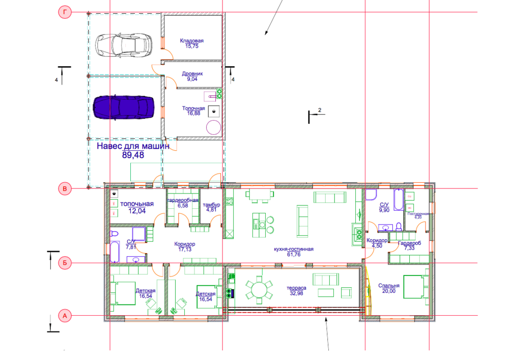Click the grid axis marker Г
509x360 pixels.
click(x=65, y=12)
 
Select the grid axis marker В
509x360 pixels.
click(x=65, y=189)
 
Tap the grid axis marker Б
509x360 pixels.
click(x=65, y=263)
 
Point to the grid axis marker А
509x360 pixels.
click(x=65, y=316)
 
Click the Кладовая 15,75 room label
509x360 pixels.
click(x=192, y=43)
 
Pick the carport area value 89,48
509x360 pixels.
click(x=133, y=155)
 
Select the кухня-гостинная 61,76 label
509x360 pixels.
click(x=293, y=252)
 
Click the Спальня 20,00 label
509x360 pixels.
click(x=388, y=289)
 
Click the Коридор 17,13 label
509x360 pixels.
click(x=184, y=247)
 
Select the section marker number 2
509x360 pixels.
click(x=320, y=110)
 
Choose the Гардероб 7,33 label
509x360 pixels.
click(x=406, y=245)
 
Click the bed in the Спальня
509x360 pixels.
click(x=415, y=289)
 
